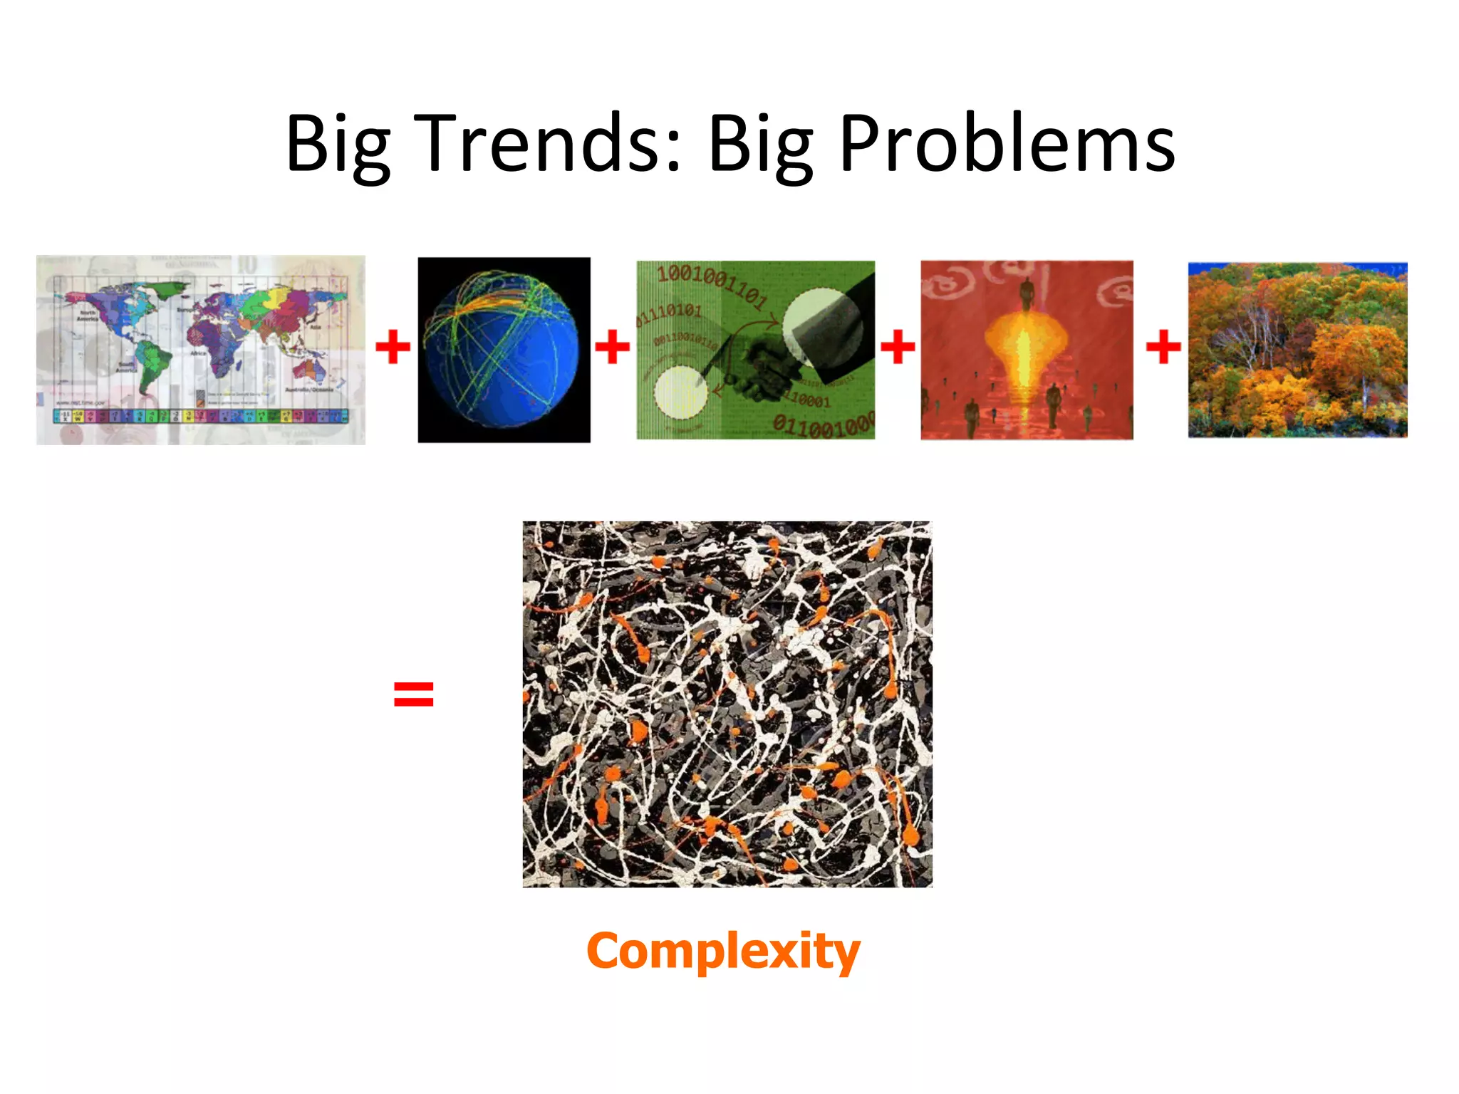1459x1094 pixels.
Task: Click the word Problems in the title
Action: (1007, 144)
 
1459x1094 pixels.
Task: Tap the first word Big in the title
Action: (338, 144)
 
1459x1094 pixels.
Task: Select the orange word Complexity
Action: (723, 951)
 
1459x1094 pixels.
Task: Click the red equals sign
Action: (413, 694)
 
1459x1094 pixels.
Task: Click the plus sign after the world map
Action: (393, 347)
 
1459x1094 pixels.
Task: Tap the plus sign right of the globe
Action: (612, 347)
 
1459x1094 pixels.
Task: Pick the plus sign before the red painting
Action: (898, 347)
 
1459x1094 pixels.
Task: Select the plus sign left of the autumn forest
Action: (1163, 347)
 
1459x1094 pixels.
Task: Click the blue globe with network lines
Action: (502, 349)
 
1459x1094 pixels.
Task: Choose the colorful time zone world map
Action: (201, 350)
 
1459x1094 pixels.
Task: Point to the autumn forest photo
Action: (1297, 350)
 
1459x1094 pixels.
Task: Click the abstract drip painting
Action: (727, 704)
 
